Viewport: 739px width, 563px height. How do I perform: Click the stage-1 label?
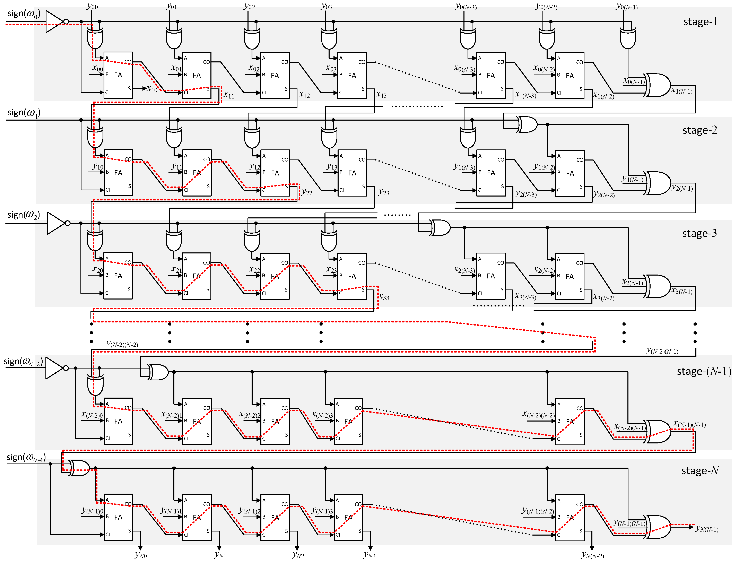(x=700, y=22)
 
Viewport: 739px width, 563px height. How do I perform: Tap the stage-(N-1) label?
(x=704, y=371)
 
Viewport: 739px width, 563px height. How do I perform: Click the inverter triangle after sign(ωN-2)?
(x=54, y=368)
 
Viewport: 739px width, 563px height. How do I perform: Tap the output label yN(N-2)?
(x=592, y=555)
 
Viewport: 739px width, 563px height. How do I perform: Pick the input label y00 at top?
(x=92, y=6)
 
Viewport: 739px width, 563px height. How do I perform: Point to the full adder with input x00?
(x=118, y=75)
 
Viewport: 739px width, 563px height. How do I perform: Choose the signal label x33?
(x=384, y=297)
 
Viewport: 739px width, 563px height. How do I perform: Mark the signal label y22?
(x=306, y=192)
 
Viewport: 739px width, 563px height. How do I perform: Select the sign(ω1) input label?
(x=24, y=113)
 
